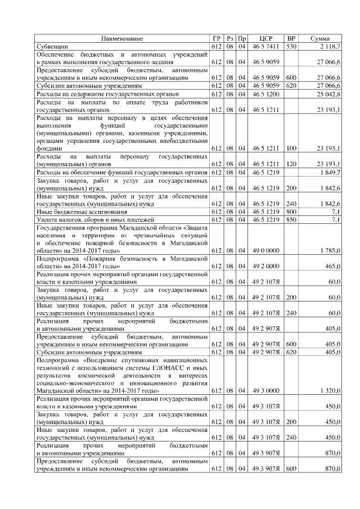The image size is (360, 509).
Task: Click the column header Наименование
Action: (x=122, y=38)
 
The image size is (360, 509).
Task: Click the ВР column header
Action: (x=291, y=38)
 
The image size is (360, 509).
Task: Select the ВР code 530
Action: (x=291, y=46)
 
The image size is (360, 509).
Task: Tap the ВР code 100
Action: (x=291, y=148)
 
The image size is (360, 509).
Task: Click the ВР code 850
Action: (x=291, y=219)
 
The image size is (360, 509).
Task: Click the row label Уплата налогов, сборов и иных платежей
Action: (x=90, y=219)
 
